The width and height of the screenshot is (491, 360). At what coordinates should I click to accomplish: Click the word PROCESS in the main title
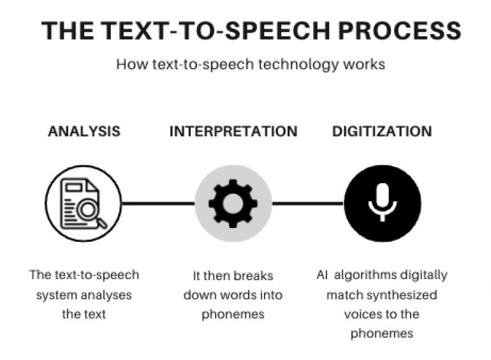coord(399,31)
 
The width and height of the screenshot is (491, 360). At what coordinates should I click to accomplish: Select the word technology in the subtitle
coord(298,64)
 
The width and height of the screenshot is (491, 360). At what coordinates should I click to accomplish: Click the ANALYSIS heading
coord(84,131)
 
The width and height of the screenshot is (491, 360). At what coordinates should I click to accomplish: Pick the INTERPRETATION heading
coord(233,131)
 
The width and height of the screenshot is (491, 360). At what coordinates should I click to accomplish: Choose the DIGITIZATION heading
coord(382,131)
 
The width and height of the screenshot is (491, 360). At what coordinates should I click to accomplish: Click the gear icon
coord(233,204)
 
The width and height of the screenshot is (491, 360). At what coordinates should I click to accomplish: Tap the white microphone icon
coord(383,202)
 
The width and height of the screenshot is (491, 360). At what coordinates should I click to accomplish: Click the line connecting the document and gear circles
coord(158,204)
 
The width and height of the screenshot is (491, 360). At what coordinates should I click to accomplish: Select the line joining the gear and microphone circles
coord(307,204)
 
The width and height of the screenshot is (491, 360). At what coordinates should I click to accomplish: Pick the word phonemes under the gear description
coord(233,315)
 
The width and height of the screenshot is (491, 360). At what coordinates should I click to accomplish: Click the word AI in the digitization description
coord(322,275)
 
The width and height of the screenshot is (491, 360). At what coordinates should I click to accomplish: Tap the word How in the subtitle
coord(132,64)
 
